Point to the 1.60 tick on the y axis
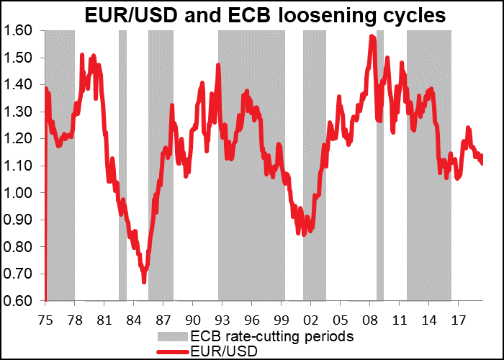click(19, 30)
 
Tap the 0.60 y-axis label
click(19, 301)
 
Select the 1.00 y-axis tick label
click(19, 193)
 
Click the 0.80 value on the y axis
click(19, 247)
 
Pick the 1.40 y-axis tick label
click(19, 84)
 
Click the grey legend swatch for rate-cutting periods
click(173, 336)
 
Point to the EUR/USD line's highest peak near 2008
click(372, 36)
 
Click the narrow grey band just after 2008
click(380, 166)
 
